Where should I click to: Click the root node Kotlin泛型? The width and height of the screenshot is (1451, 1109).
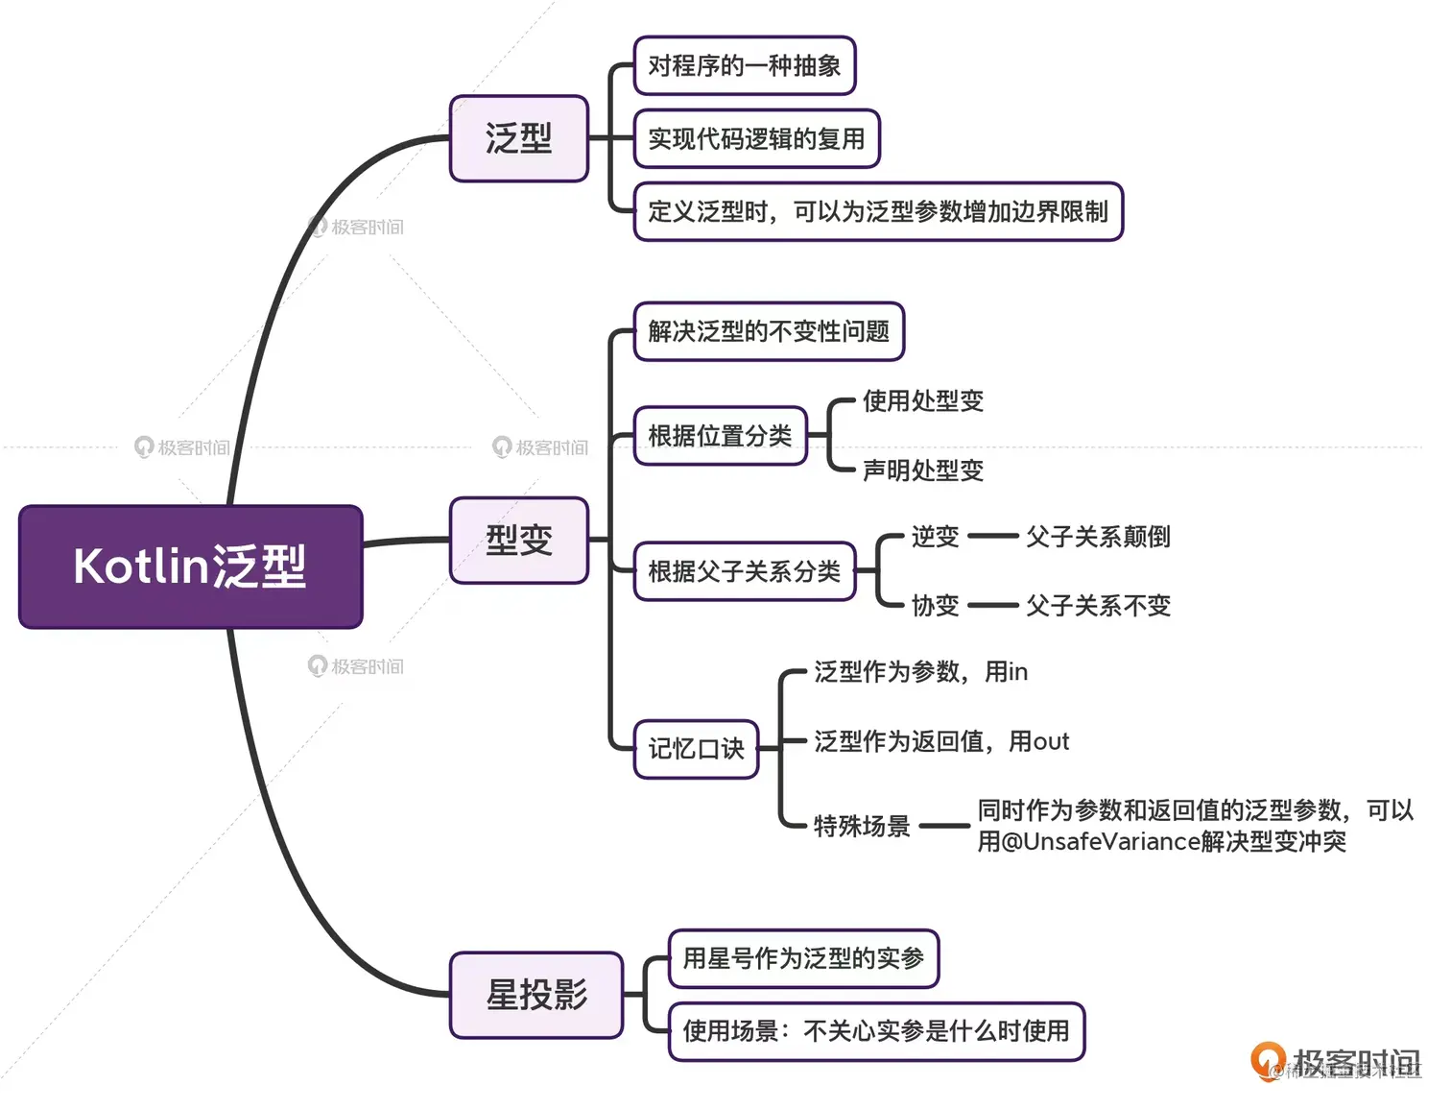[x=190, y=567]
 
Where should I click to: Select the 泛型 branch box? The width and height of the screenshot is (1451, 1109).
[x=518, y=138]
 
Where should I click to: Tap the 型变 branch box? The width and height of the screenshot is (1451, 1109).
[x=518, y=540]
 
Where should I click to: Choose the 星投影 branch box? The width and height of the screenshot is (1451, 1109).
[x=535, y=995]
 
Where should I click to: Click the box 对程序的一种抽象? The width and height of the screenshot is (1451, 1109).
[x=744, y=66]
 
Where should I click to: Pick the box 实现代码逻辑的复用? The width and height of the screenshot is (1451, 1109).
[x=756, y=139]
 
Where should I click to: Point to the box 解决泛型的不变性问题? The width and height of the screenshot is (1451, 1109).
[x=769, y=332]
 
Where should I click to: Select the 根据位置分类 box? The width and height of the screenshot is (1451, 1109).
[x=720, y=436]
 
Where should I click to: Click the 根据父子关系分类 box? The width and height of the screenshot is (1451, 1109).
[x=744, y=571]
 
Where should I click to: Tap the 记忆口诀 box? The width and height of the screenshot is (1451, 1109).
[x=696, y=749]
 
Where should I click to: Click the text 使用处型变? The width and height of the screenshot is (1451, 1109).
[x=923, y=401]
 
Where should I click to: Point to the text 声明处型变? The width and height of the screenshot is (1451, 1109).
[x=923, y=470]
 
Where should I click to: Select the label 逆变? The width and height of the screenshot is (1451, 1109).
[x=935, y=537]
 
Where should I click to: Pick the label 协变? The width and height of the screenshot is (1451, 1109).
[x=935, y=606]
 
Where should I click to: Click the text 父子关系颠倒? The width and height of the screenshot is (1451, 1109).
[x=1098, y=537]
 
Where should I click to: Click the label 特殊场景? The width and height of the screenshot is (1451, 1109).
[x=862, y=826]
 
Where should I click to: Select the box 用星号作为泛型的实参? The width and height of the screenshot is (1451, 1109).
[x=803, y=958]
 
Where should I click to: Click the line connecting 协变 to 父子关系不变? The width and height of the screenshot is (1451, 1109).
[x=992, y=606]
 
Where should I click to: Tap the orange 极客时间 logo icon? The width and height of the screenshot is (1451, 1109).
[x=1268, y=1060]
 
